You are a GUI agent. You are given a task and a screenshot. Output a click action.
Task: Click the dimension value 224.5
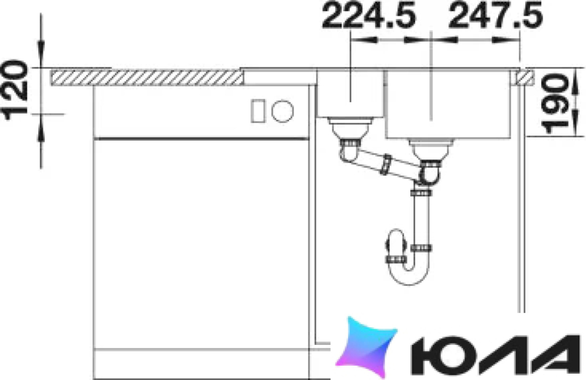pos(369,16)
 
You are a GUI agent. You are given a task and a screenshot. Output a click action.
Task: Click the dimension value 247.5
pos(495,16)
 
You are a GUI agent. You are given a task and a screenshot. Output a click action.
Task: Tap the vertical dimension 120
pos(15,90)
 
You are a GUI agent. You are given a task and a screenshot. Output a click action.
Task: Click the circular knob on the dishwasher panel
pos(282,111)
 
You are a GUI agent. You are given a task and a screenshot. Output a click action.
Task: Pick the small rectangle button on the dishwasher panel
pos(258,111)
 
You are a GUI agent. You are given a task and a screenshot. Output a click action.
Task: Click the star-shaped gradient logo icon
pos(366,346)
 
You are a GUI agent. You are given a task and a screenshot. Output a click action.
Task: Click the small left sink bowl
pos(350,93)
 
